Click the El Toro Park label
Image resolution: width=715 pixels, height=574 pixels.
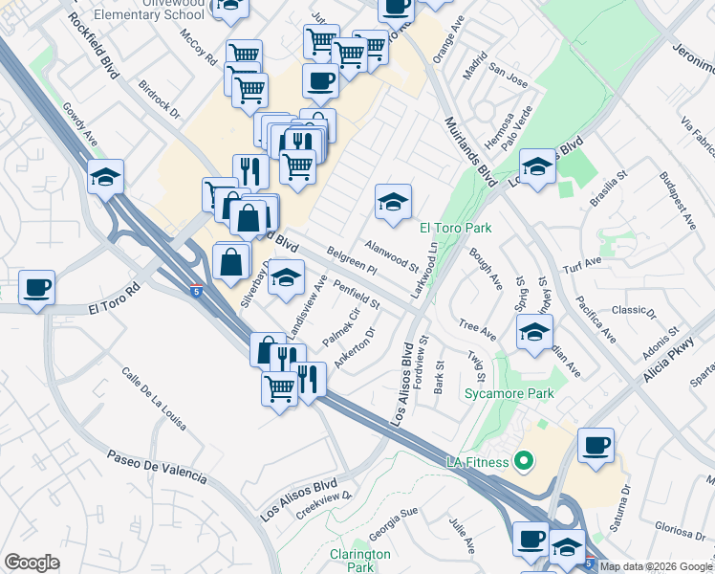click(x=456, y=228)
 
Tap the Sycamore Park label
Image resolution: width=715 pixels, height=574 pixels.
click(x=496, y=392)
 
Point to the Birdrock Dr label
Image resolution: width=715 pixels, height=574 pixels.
click(x=160, y=99)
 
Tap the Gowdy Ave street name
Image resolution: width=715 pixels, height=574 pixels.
click(x=79, y=125)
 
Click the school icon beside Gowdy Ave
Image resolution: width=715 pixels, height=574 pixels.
click(x=105, y=177)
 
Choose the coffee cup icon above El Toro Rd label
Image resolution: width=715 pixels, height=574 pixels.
click(x=36, y=288)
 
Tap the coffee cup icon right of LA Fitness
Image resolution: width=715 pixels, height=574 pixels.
click(x=596, y=446)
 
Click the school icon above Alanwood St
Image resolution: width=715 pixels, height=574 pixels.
click(x=393, y=202)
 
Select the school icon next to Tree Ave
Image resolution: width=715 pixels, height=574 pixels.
click(x=534, y=332)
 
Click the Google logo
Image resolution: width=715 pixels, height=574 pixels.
click(x=32, y=562)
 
